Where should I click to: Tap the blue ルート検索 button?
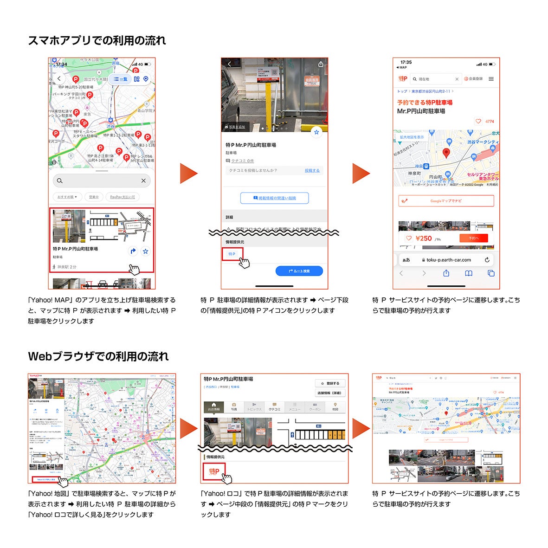pos(299,271)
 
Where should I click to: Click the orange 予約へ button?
pos(473,238)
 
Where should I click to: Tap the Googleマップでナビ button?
pos(446,201)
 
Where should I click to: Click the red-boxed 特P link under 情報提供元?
pos(232,254)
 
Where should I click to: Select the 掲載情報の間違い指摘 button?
pos(274,198)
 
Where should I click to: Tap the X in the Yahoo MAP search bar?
pos(143,181)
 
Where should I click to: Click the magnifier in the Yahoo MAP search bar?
pos(60,181)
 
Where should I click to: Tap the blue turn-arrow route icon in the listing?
pos(133,251)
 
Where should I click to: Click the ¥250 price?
pos(423,238)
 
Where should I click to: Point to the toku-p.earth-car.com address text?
pos(448,260)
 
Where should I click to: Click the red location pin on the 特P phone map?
pos(446,153)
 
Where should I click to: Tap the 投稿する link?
pos(312,171)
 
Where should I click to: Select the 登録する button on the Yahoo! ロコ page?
pos(330,384)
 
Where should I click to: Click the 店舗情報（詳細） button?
pos(330,393)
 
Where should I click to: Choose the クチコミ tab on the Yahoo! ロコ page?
pos(274,407)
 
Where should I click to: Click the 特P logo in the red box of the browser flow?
pos(214,471)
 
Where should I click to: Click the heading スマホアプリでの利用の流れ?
pos(97,41)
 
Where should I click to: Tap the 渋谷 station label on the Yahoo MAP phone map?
pos(110,126)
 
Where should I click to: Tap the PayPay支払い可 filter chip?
pos(122,197)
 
